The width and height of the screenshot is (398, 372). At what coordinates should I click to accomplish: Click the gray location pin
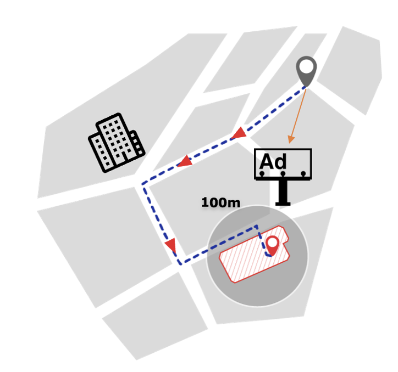click(306, 71)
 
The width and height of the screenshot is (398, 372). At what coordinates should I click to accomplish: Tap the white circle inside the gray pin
click(306, 66)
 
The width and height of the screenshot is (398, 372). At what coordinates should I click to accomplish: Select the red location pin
click(272, 246)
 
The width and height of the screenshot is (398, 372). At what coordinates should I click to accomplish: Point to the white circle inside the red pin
click(272, 243)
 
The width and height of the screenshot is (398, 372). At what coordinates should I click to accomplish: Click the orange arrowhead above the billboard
click(291, 139)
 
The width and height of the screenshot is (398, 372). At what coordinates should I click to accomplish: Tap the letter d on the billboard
click(280, 161)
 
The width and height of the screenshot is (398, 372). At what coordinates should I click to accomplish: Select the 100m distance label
click(220, 202)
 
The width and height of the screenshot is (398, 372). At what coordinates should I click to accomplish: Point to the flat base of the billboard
click(283, 204)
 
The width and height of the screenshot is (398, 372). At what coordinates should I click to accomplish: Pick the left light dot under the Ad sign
click(262, 174)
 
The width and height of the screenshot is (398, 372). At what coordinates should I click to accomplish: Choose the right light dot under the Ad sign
click(303, 174)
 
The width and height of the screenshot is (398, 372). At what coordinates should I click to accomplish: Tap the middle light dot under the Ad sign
click(283, 174)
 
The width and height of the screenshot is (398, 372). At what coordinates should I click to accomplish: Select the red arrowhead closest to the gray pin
click(239, 133)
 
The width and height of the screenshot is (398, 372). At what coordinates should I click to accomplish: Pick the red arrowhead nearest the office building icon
click(185, 161)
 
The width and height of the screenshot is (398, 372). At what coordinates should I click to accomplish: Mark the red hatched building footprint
click(254, 254)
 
